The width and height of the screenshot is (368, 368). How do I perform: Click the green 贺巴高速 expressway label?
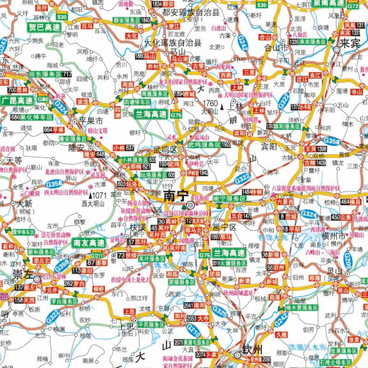pos(44,28)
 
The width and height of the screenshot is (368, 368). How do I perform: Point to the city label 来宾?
pos(350,42)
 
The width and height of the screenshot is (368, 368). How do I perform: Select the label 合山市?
pos(275,48)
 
